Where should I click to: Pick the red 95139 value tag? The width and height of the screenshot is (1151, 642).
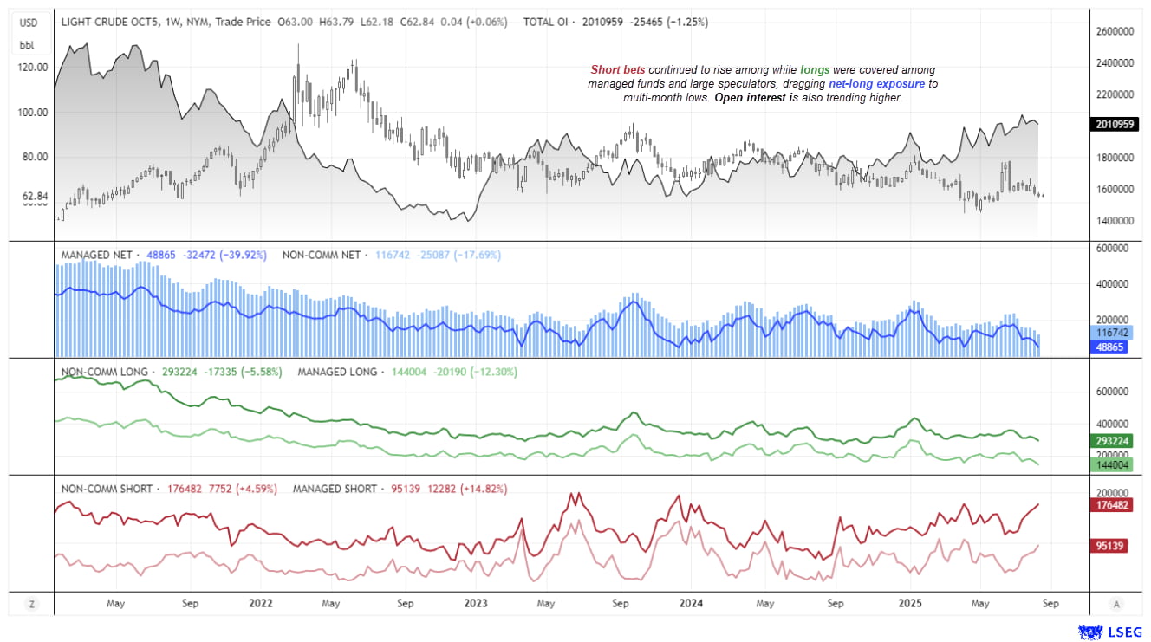click(1110, 547)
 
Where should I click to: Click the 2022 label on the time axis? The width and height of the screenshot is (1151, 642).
click(261, 603)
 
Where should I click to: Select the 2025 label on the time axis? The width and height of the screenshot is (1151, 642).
click(910, 603)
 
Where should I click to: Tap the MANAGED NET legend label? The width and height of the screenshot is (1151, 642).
click(97, 256)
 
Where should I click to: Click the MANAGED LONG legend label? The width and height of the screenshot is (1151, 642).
click(337, 372)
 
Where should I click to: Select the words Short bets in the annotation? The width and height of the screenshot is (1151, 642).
click(617, 69)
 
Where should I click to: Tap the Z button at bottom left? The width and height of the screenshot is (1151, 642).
click(32, 604)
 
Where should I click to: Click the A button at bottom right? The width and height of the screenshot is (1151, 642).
click(1117, 604)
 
